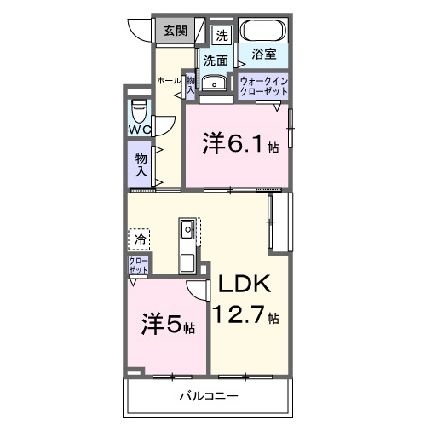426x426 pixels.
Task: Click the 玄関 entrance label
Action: click(176, 32)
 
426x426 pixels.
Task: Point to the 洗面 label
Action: click(216, 60)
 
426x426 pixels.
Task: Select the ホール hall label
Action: click(167, 81)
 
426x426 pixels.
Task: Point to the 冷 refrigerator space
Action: click(139, 240)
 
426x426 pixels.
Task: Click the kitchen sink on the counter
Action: click(187, 229)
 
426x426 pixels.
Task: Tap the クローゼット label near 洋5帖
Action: click(138, 265)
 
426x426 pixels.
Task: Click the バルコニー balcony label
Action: click(208, 397)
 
